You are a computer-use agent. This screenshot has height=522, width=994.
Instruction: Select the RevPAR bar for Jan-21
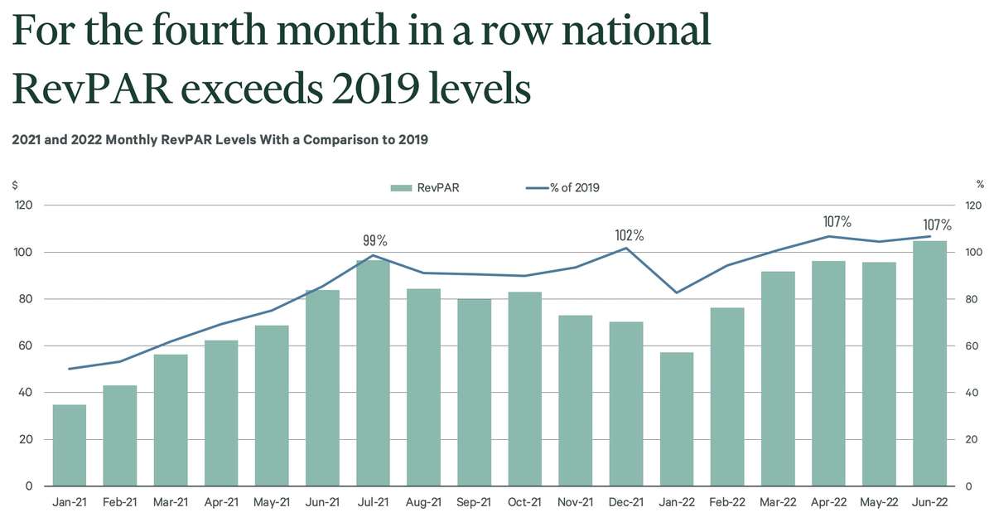point(70,445)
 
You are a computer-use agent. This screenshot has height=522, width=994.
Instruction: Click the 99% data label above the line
point(375,240)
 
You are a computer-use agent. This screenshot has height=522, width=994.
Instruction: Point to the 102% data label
point(630,235)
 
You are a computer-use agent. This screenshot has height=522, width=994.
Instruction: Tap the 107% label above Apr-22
point(837,222)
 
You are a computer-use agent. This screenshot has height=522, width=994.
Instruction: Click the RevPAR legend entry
point(426,187)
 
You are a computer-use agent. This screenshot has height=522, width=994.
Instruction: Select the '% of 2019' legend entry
point(563,187)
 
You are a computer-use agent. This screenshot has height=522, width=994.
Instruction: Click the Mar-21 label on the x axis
point(171,503)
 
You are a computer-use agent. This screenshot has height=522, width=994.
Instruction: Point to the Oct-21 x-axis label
point(525,503)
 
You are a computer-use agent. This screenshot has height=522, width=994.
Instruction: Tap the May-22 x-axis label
point(879,503)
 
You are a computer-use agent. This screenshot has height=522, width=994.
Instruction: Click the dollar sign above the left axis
point(15,185)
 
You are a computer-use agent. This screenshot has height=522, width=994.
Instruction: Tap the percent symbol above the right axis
point(980,185)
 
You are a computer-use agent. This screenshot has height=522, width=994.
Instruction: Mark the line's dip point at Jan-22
point(677,292)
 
